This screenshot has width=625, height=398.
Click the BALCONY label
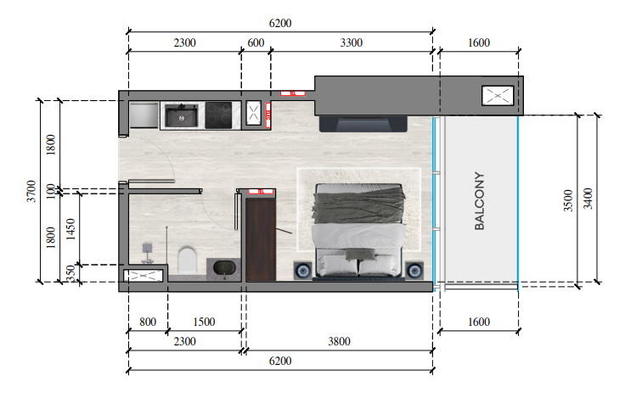click(x=479, y=202)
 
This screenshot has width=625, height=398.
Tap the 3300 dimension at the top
click(x=351, y=42)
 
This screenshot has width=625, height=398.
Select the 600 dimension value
click(x=256, y=42)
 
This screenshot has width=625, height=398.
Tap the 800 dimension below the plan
click(x=147, y=322)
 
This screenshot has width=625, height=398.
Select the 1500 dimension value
click(x=204, y=322)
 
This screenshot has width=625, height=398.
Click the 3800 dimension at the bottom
click(x=338, y=341)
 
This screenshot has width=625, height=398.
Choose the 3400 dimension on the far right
click(x=588, y=200)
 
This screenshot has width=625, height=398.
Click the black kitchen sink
click(x=181, y=115)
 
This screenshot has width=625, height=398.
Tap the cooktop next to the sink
click(x=219, y=115)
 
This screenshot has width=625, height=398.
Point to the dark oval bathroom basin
click(x=224, y=269)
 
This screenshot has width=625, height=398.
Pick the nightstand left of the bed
click(x=303, y=271)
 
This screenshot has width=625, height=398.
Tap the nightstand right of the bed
click(x=414, y=271)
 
